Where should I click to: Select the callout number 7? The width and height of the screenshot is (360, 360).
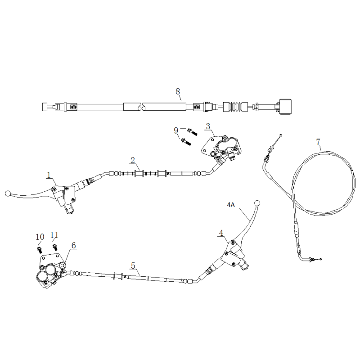(318, 142)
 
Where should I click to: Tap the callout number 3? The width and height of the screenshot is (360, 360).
(208, 126)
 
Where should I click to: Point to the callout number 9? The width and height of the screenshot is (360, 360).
(176, 130)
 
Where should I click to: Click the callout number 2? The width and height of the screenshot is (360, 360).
(133, 160)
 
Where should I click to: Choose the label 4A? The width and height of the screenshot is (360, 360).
(231, 204)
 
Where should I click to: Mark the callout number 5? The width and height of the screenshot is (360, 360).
(133, 265)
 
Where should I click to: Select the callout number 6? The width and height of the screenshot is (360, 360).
(74, 245)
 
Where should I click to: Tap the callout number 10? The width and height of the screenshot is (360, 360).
(40, 237)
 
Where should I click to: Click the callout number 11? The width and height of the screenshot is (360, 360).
(54, 235)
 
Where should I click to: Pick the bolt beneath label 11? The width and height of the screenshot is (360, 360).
(56, 246)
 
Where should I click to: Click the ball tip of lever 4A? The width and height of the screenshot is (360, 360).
(257, 203)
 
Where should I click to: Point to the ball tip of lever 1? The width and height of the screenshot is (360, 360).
(7, 193)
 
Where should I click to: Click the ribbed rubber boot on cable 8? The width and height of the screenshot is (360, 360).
(234, 107)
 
